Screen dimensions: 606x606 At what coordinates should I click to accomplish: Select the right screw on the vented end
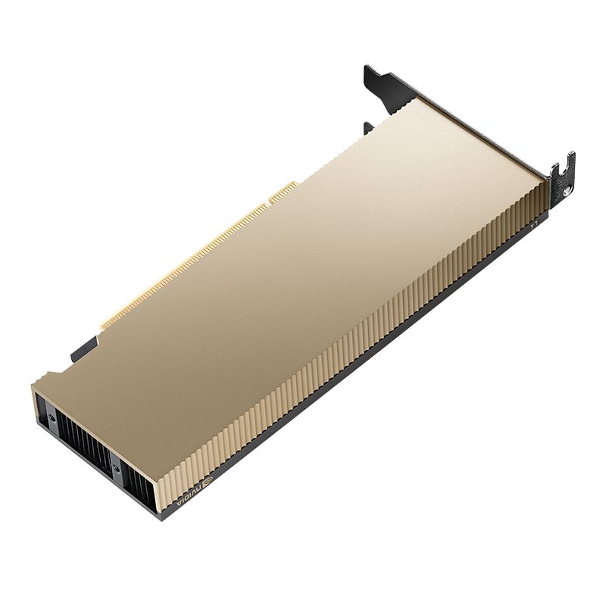click(x=116, y=469)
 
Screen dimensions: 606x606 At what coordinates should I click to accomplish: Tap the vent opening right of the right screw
click(x=136, y=485)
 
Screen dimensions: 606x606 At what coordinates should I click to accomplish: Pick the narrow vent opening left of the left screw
click(x=39, y=409)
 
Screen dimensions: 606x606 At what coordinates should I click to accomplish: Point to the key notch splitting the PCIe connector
click(x=267, y=203)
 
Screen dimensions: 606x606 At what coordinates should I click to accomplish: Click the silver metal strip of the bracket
click(x=485, y=136)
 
